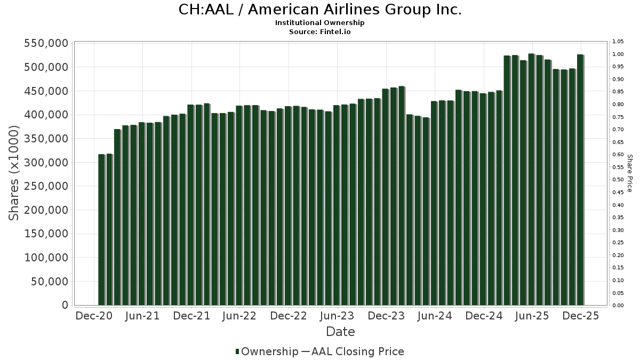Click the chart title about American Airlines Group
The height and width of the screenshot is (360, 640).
tap(319, 10)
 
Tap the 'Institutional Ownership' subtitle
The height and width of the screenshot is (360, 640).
tap(319, 23)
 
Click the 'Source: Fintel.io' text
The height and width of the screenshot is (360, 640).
tap(319, 32)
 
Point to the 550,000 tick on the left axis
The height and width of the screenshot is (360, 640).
tap(46, 43)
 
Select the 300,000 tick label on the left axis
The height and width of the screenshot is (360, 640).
tap(46, 162)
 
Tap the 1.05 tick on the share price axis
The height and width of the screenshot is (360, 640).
tap(618, 42)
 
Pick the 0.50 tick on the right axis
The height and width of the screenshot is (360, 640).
tap(618, 180)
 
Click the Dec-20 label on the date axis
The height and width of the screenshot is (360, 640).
tap(94, 316)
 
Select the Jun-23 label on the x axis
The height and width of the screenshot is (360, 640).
tap(337, 316)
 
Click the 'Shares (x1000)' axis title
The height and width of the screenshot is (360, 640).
tap(14, 173)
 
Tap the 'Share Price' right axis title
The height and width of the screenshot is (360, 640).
tap(629, 173)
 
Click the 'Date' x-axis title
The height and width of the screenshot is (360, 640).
tap(340, 332)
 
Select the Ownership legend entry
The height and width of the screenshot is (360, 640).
tap(267, 351)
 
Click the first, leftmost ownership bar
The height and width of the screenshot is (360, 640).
tap(101, 229)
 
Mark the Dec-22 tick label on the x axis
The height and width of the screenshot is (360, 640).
tap(288, 316)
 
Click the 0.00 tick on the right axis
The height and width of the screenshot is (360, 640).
tap(618, 305)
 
